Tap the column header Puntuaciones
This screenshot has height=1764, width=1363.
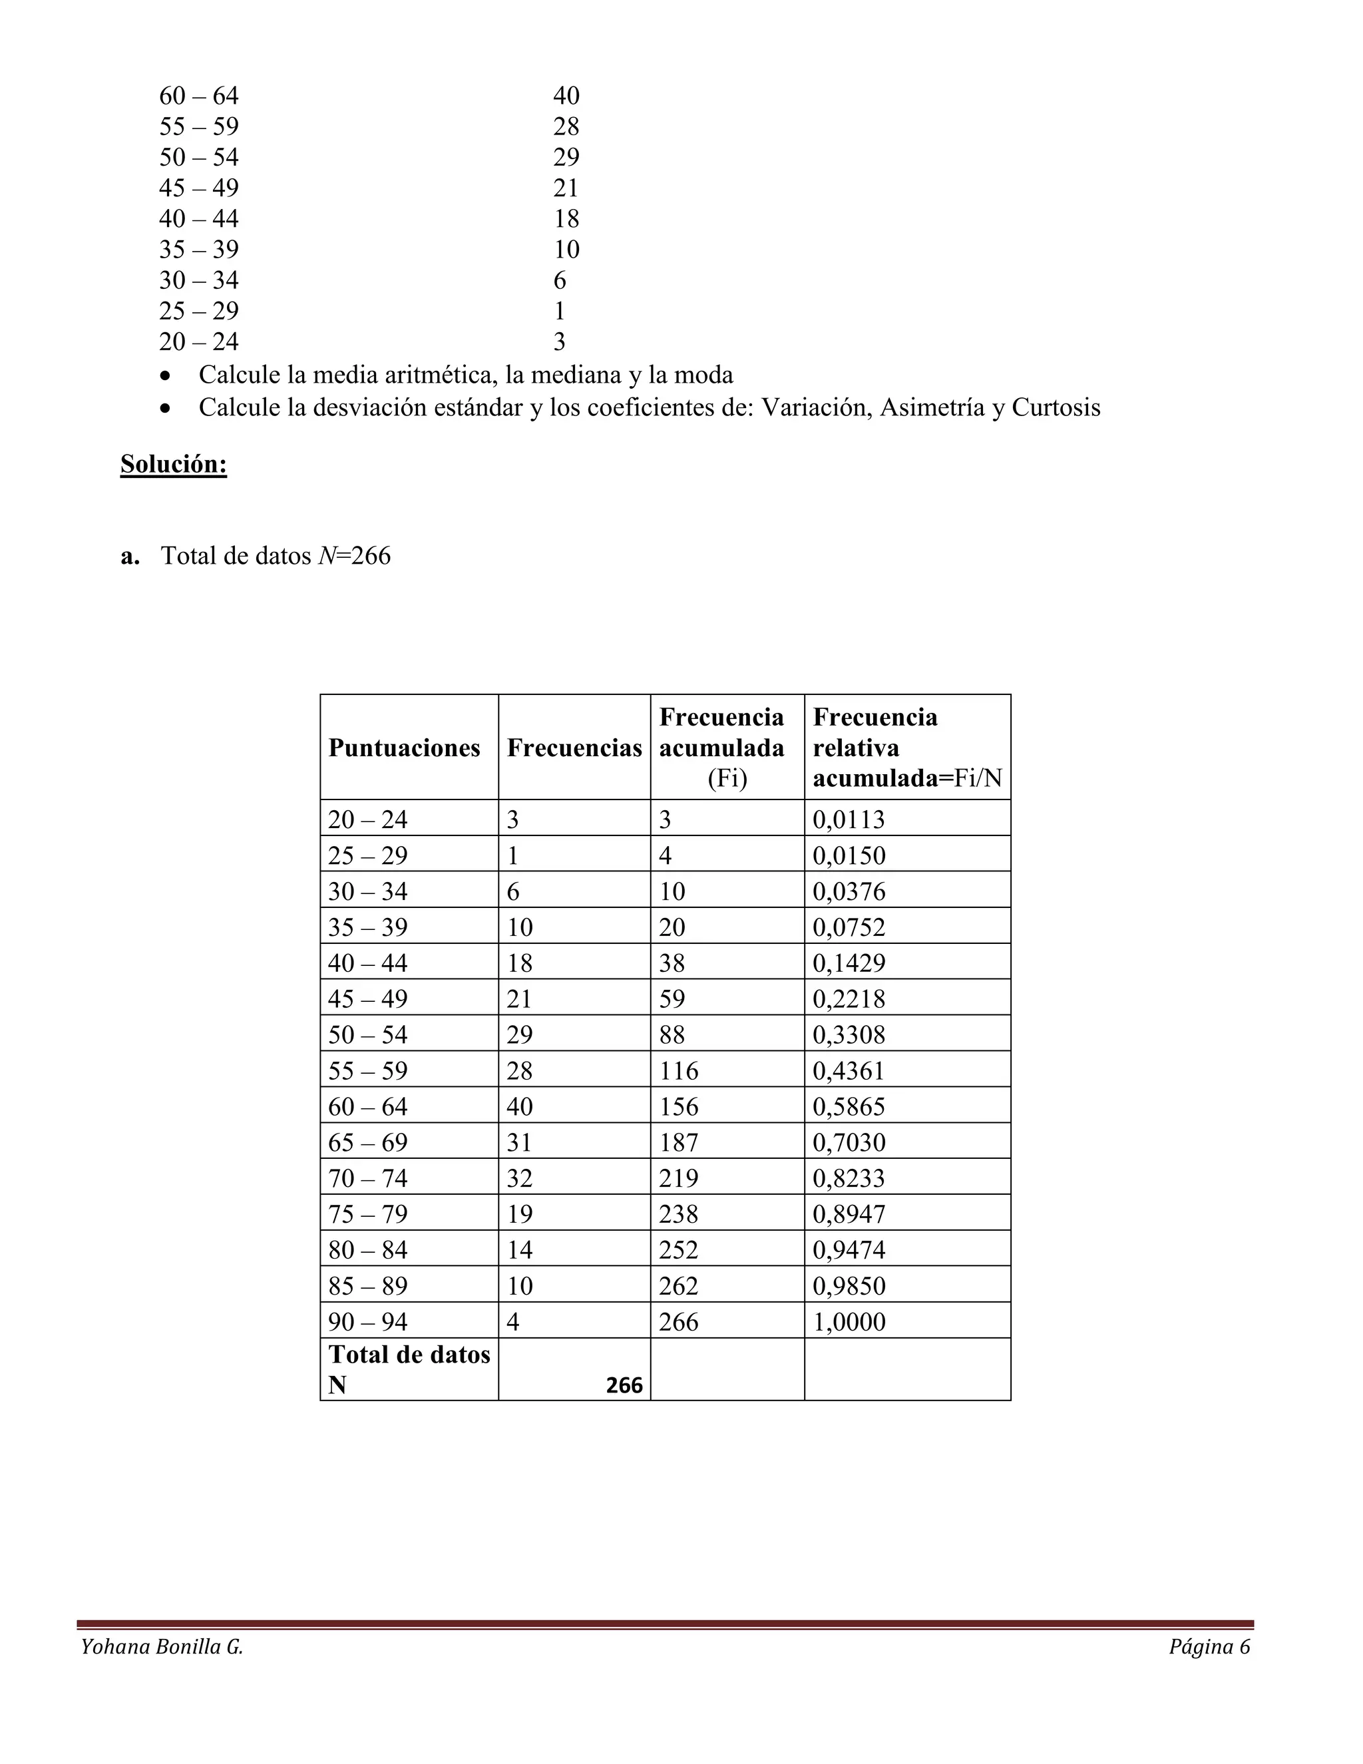point(404,748)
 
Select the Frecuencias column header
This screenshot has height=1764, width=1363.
point(574,748)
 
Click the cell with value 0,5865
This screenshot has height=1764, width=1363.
point(849,1106)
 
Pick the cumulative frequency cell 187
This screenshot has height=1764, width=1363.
point(678,1142)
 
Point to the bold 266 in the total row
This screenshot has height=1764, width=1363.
point(624,1385)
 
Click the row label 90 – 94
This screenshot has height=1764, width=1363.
point(367,1321)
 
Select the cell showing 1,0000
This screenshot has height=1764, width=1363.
point(849,1321)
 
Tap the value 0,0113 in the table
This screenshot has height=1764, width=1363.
point(849,820)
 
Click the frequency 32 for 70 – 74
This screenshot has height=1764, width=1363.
point(519,1178)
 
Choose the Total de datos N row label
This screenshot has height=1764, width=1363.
point(409,1369)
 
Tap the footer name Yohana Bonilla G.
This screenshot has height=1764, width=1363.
point(162,1647)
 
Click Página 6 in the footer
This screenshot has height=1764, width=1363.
point(1209,1647)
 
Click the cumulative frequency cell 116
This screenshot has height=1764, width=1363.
point(678,1070)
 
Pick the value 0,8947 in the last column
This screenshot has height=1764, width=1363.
point(849,1214)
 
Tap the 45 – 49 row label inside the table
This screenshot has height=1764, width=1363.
point(367,999)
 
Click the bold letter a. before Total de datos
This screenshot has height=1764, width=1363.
point(130,556)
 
